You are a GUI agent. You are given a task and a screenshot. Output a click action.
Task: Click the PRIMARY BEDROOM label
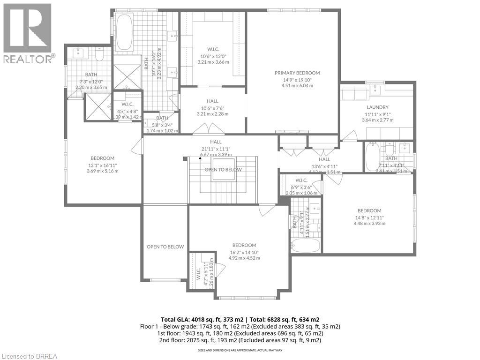point(297,73)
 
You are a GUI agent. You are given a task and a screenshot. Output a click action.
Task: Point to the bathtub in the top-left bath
point(124,32)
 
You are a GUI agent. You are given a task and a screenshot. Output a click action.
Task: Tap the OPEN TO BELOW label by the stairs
point(223,170)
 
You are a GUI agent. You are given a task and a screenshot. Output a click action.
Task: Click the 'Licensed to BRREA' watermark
point(29,356)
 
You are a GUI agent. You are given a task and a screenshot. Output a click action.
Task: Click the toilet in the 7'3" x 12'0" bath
point(98,56)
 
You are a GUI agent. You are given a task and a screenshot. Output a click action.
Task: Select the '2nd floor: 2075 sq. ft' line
point(240,340)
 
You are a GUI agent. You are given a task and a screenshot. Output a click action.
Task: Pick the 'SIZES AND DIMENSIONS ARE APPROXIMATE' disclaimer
point(240,351)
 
